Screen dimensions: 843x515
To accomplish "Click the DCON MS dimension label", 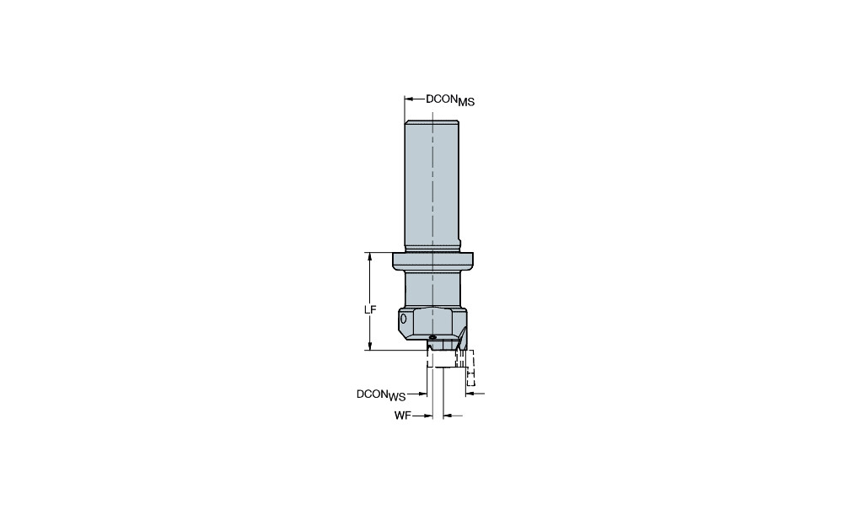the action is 450,100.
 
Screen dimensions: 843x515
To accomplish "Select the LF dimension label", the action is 370,309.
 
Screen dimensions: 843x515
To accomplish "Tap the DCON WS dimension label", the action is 381,395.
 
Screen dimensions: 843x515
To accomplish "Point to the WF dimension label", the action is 403,416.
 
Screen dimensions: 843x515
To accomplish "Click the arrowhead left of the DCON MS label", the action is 408,99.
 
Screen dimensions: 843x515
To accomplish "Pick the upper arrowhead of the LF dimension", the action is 370,256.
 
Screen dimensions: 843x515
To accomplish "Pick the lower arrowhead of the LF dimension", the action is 370,346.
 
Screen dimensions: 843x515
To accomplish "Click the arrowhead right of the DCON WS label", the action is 423,394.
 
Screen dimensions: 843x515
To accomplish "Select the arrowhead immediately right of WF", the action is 428,416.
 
